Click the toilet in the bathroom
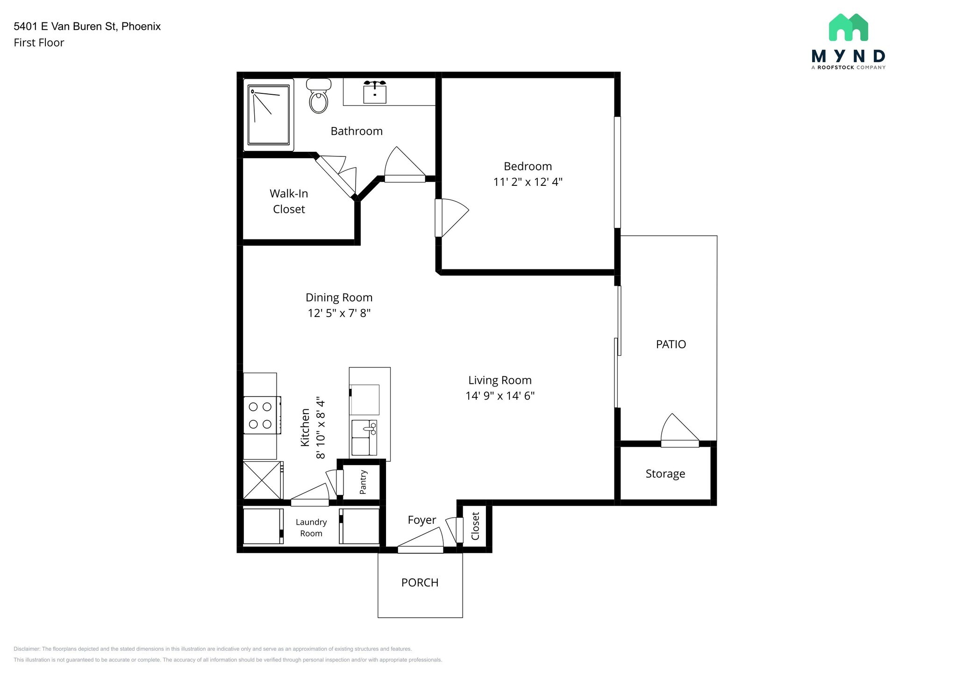319,96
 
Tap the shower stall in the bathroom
269,115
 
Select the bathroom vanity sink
375,92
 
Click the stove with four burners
262,415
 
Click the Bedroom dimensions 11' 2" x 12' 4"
528,182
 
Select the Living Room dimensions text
500,396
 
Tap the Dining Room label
339,297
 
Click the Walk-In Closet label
289,201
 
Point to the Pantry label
363,482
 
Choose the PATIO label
671,344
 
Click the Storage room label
665,474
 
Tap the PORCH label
420,583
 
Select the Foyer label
422,520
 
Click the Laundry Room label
311,528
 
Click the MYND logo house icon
849,27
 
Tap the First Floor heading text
39,42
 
